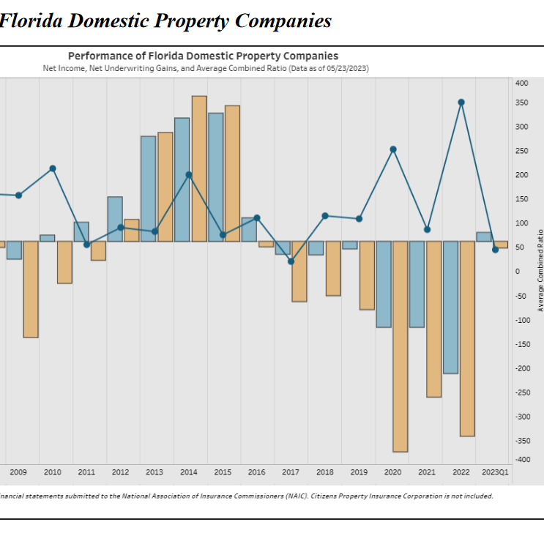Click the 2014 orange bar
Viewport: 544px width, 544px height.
coord(199,168)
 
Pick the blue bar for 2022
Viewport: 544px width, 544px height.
coord(450,308)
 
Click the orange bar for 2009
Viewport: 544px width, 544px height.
coord(31,289)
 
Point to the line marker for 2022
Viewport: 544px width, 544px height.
coord(461,103)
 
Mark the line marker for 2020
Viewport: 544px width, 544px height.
coord(393,149)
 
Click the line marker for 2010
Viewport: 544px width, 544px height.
coord(53,168)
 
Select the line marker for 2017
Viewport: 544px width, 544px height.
coord(291,261)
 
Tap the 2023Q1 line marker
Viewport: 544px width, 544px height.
coord(496,250)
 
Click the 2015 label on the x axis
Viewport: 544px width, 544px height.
coord(223,473)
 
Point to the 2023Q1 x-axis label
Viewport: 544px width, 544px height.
coord(495,473)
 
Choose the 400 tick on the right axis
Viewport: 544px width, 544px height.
coord(521,83)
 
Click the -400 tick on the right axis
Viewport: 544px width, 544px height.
coord(521,460)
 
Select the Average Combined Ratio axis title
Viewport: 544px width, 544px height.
coord(540,271)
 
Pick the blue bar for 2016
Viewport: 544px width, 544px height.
coord(250,229)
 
